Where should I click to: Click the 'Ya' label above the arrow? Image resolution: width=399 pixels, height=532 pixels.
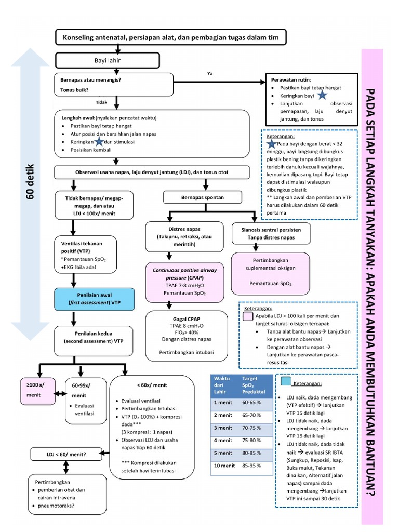tap(210, 74)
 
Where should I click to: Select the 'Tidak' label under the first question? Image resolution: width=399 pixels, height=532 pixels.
tap(101, 102)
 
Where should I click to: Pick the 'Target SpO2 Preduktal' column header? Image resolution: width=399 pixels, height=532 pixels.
tap(253, 385)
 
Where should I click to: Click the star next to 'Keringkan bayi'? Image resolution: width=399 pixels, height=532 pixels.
tap(322, 96)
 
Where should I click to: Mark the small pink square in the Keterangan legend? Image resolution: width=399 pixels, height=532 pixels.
tap(248, 316)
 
